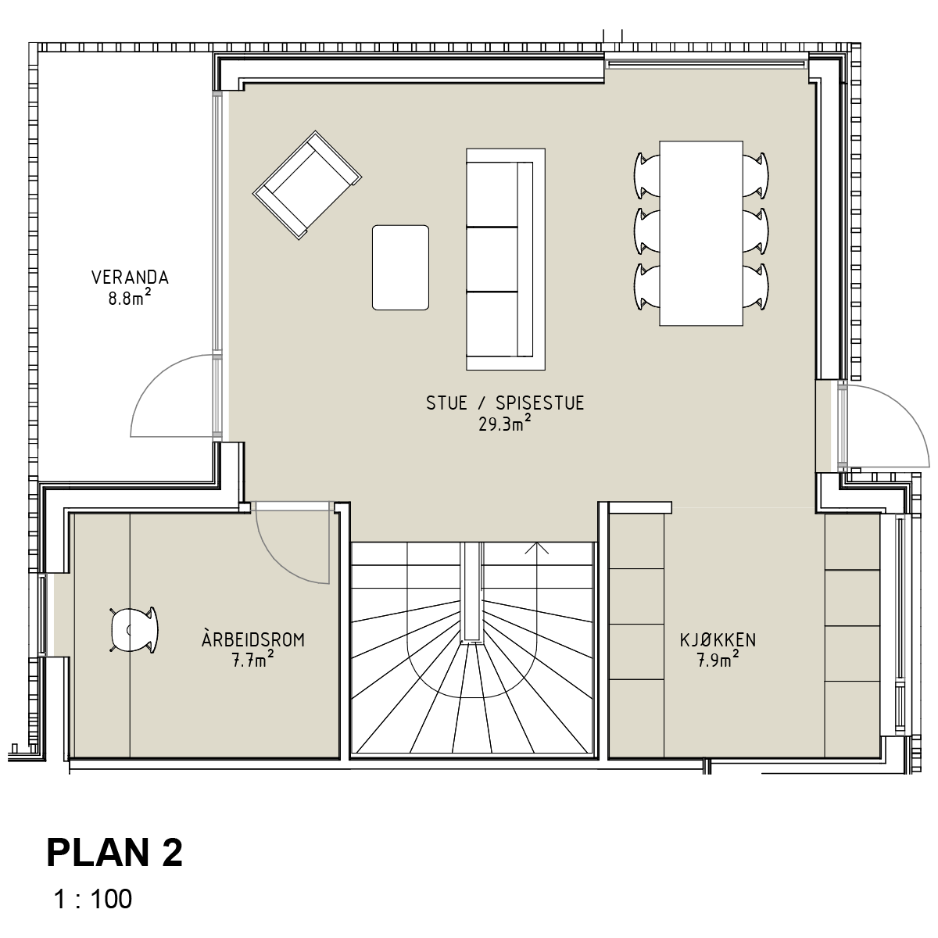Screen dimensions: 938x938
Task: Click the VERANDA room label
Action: (x=130, y=277)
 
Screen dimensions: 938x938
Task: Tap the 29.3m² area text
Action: (x=504, y=424)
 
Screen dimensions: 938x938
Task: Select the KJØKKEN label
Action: (x=718, y=640)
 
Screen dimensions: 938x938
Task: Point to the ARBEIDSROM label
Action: (x=253, y=639)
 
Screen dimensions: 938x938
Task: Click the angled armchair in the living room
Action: (x=307, y=185)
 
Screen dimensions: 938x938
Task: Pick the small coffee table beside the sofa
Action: (x=401, y=267)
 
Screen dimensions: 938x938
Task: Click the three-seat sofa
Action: (x=505, y=260)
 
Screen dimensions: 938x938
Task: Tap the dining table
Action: (x=701, y=233)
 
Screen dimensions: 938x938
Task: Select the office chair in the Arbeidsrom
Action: (x=134, y=630)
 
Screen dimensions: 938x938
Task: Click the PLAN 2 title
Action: (x=114, y=854)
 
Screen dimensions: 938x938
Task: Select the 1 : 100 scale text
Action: (x=92, y=899)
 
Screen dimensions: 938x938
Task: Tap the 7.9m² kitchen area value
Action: (x=718, y=661)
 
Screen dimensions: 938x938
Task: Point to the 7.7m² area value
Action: (x=253, y=661)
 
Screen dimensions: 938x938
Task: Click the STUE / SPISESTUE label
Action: (x=505, y=403)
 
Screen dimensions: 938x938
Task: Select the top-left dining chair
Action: (x=647, y=175)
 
